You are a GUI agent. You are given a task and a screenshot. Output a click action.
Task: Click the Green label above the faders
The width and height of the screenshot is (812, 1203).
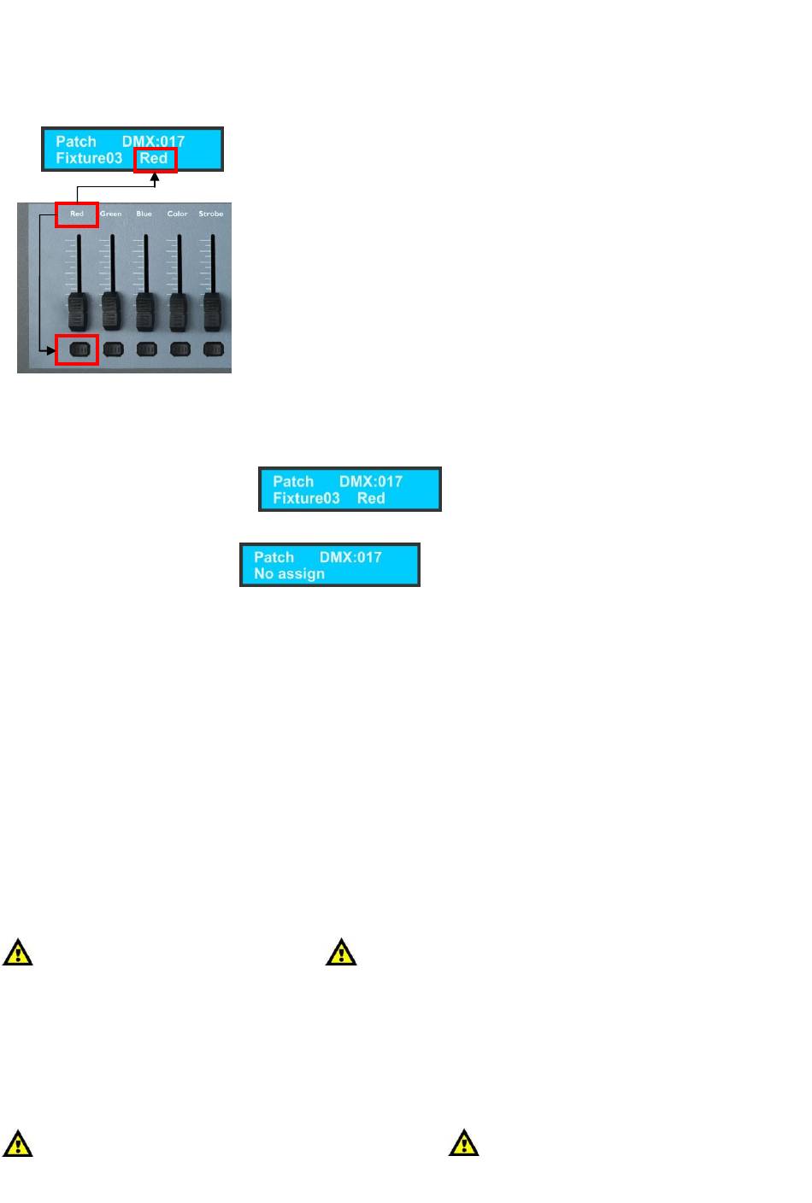pos(110,214)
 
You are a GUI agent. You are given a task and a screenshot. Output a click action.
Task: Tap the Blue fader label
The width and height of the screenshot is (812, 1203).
pos(144,214)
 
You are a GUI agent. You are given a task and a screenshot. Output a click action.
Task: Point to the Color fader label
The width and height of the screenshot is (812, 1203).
pos(177,214)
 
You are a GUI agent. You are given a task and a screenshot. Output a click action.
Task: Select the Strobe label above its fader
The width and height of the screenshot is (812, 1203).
pos(210,214)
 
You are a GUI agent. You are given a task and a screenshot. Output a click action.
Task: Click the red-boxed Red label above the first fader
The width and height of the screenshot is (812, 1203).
pos(77,214)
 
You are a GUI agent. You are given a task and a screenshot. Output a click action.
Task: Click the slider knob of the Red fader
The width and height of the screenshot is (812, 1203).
pos(78,312)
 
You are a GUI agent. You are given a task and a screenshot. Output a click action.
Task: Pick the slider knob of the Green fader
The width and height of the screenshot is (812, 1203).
pos(112,312)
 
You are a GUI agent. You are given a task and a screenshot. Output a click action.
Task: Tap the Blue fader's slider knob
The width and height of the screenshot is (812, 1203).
pos(145,312)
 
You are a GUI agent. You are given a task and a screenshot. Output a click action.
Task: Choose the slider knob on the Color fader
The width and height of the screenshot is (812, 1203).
pos(179,312)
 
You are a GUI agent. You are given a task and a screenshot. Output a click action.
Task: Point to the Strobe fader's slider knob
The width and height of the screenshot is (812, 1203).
pos(212,312)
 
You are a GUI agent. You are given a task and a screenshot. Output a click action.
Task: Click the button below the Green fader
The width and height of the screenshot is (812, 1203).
pos(113,349)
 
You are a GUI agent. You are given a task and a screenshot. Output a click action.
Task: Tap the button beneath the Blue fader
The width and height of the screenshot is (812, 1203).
pos(146,349)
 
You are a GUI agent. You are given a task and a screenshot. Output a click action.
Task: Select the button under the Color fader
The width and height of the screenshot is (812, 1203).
pos(179,349)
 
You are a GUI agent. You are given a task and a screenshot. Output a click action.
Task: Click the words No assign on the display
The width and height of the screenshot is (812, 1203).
pos(289,574)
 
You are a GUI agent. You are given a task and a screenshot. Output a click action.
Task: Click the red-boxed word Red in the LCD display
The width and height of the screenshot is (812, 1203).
pos(154,159)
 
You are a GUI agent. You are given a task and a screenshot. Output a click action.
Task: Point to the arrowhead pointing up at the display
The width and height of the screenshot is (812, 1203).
pos(155,179)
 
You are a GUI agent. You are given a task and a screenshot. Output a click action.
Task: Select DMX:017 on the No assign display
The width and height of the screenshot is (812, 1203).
pos(350,557)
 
